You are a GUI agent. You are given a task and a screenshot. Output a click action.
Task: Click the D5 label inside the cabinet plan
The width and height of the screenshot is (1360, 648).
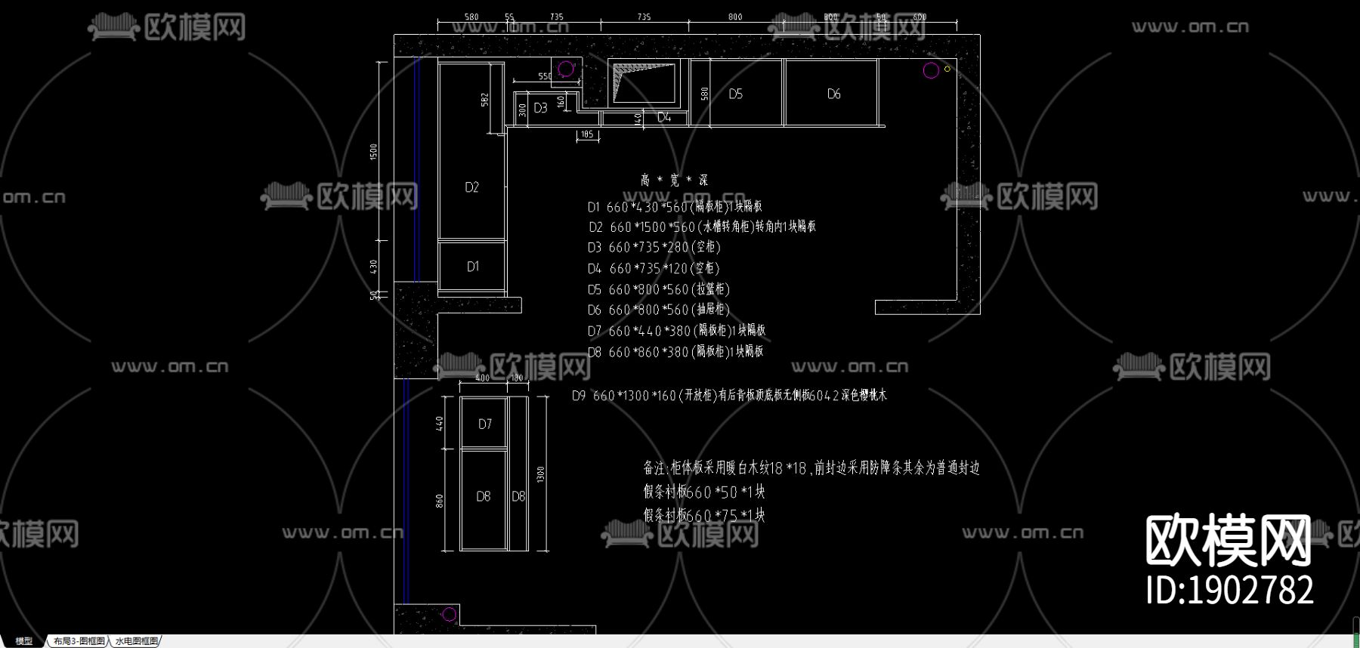(735, 94)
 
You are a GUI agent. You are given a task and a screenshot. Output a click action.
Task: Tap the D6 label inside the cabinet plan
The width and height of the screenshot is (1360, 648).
(833, 94)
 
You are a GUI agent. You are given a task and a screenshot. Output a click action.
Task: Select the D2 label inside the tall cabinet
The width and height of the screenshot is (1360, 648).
(471, 187)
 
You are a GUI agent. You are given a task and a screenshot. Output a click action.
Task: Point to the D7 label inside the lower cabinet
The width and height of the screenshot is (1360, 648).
(485, 424)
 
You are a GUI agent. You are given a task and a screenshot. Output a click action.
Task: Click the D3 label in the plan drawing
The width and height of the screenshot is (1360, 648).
(540, 108)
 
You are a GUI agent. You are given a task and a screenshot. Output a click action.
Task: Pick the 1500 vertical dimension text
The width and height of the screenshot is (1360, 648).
(373, 152)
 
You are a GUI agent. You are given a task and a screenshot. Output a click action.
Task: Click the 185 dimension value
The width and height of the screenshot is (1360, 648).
(587, 134)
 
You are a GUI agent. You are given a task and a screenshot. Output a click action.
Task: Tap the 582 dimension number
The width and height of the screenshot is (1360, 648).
(484, 100)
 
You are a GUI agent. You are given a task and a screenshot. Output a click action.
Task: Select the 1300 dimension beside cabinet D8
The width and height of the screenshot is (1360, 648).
(540, 474)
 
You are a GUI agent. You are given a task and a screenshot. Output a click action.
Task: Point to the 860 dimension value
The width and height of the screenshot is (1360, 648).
(440, 501)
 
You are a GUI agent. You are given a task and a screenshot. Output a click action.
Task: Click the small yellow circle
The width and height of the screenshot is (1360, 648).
(947, 69)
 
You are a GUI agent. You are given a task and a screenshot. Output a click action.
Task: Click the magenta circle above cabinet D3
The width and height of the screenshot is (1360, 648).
(565, 69)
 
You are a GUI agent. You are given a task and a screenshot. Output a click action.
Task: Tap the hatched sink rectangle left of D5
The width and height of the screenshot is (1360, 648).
(644, 82)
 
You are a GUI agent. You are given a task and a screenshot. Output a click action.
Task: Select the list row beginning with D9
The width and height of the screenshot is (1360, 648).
(728, 396)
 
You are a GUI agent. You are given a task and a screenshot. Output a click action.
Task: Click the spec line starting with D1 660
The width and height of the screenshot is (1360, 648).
(674, 207)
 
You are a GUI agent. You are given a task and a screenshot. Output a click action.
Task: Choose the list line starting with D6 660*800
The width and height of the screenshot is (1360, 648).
(658, 310)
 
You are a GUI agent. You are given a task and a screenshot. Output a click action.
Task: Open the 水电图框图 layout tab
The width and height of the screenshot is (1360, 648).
(137, 641)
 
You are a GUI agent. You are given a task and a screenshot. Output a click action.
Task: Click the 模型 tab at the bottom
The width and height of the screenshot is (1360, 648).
(24, 641)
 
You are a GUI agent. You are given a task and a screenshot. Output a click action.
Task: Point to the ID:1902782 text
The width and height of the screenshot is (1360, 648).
(1229, 590)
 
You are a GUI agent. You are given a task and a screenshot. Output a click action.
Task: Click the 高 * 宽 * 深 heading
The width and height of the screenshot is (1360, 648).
(674, 181)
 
